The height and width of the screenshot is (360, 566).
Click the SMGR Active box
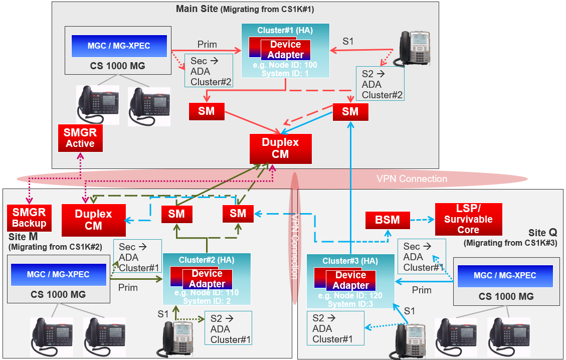point(81,138)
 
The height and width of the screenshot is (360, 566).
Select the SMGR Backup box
point(29,218)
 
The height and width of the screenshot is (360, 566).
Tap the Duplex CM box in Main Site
point(280,149)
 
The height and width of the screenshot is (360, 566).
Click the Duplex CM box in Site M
point(93,220)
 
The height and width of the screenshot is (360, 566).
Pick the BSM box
point(388,220)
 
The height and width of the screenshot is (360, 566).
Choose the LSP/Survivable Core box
point(468,219)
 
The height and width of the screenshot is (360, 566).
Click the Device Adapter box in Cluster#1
point(285,50)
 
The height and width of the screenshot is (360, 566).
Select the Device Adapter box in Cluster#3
point(350,280)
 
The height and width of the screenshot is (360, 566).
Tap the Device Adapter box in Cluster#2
point(207,279)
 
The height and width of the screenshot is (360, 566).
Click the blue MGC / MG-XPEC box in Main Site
point(119,46)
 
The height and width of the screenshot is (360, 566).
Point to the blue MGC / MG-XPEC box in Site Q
point(505,276)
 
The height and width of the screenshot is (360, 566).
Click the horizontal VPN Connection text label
point(412,178)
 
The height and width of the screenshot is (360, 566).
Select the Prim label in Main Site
point(207,45)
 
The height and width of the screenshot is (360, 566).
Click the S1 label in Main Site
point(348,42)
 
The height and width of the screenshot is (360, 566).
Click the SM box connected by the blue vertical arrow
point(350,112)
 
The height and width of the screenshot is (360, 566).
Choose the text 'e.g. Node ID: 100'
point(285,65)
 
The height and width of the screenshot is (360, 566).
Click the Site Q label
point(542,233)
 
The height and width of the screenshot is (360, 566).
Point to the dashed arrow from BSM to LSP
point(422,220)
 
